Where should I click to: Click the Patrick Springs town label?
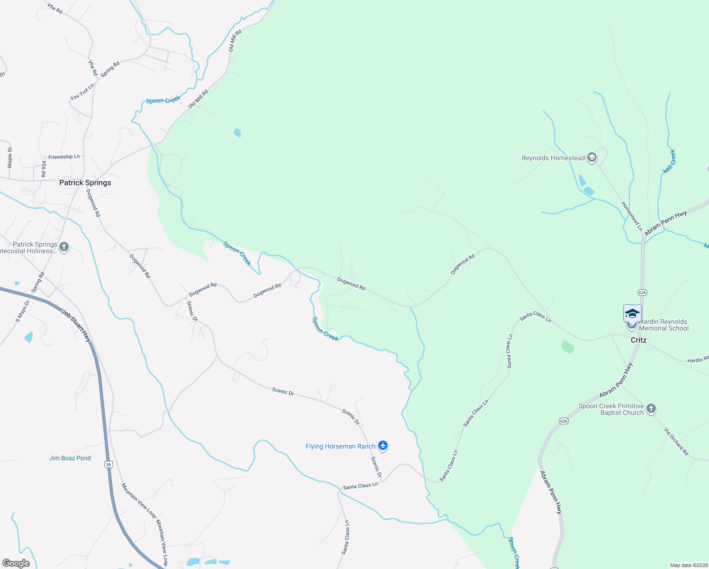click(85, 183)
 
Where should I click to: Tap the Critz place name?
click(638, 340)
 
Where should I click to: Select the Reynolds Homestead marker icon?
click(591, 158)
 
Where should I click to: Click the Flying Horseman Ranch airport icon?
click(383, 446)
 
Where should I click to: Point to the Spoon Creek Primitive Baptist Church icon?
click(651, 409)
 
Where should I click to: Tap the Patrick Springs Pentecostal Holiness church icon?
click(64, 247)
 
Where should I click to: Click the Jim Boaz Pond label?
click(70, 458)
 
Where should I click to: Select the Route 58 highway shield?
click(109, 465)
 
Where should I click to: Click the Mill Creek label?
click(669, 161)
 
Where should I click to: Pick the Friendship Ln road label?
click(64, 157)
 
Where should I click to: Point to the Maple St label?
click(10, 157)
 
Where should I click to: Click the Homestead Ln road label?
click(632, 216)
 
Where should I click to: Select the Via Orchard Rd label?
click(676, 441)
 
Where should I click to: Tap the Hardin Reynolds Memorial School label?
click(664, 325)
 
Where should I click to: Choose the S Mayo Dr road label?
click(22, 311)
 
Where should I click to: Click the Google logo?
click(16, 563)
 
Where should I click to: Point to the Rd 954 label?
click(44, 169)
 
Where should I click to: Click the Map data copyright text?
click(688, 565)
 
